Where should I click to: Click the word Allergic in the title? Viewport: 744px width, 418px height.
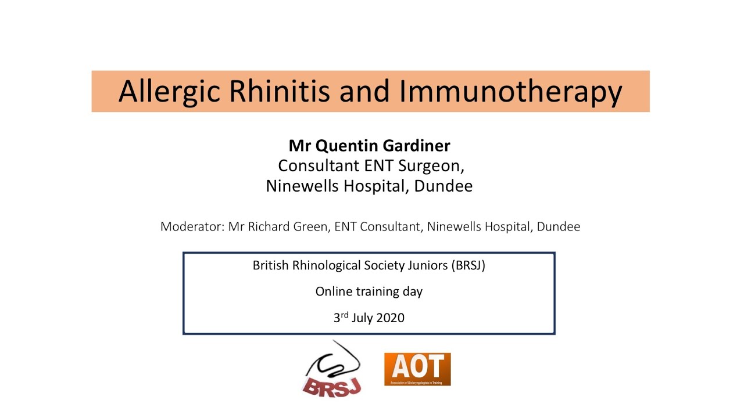pyautogui.click(x=169, y=92)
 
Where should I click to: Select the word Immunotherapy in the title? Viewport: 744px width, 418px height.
pyautogui.click(x=510, y=92)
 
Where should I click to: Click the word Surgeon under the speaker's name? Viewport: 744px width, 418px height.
pyautogui.click(x=431, y=166)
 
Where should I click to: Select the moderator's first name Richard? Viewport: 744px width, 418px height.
pyautogui.click(x=267, y=226)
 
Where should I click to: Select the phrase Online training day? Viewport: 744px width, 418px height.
pyautogui.click(x=369, y=291)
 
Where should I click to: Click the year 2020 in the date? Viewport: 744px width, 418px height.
pyautogui.click(x=389, y=318)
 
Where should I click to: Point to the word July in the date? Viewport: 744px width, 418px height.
pyautogui.click(x=362, y=318)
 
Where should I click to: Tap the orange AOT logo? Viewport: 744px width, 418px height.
pyautogui.click(x=417, y=369)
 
